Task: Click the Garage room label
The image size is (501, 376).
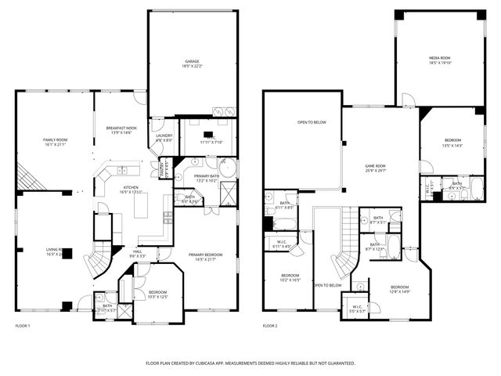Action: pos(192,62)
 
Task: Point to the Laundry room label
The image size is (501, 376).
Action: pos(164,137)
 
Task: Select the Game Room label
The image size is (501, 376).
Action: pos(376,168)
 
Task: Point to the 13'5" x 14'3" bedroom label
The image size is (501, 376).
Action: pos(452,143)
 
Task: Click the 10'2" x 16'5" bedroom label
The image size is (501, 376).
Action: pos(290,277)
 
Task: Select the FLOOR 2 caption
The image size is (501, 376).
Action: pos(270,326)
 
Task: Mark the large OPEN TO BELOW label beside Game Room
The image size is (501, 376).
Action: pos(312,122)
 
